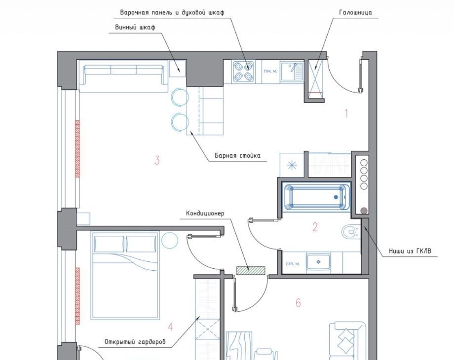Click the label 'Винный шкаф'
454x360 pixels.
point(135,27)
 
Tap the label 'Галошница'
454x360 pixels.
point(356,12)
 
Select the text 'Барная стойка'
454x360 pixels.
point(237,155)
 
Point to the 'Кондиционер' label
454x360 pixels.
point(205,213)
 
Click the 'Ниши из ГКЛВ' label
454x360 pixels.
point(410,251)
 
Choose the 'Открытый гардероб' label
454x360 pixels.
point(135,342)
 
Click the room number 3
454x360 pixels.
point(157,160)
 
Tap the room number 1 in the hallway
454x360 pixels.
point(346,113)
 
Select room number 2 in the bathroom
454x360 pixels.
point(315,227)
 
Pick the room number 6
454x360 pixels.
point(298,303)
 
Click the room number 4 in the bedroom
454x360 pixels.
point(171,327)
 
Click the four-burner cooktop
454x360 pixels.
point(243,72)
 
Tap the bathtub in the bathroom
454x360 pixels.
point(316,197)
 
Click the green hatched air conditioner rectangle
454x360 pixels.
point(251,271)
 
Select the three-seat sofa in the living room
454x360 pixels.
point(124,76)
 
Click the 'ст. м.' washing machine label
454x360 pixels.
point(293,264)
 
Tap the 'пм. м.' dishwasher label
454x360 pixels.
point(270,71)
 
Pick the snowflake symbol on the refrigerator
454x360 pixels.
point(292,166)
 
